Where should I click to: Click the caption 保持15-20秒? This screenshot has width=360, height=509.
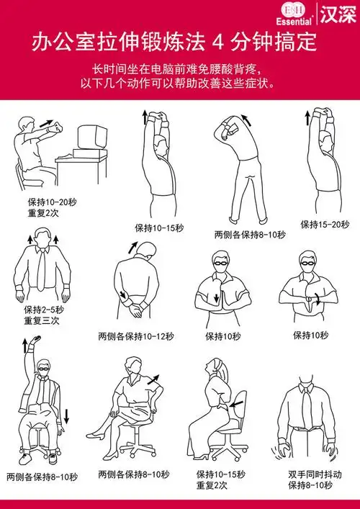click(325, 224)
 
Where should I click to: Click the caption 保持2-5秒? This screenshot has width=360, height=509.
click(44, 310)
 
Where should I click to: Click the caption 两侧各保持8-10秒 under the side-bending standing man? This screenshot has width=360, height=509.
click(249, 235)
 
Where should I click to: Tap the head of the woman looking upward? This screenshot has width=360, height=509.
click(213, 366)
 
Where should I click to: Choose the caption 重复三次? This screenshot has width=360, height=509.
click(41, 320)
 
